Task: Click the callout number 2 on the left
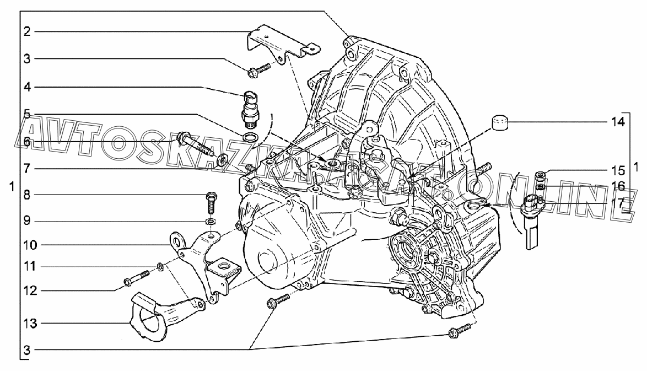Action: pyautogui.click(x=27, y=31)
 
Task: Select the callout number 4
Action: pyautogui.click(x=27, y=87)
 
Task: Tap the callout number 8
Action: pyautogui.click(x=27, y=195)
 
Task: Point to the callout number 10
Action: pyautogui.click(x=30, y=245)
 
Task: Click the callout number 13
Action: pyautogui.click(x=30, y=324)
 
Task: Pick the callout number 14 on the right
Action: pyautogui.click(x=618, y=122)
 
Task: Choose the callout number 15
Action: pyautogui.click(x=618, y=170)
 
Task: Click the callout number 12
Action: pyautogui.click(x=30, y=291)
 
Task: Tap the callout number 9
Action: pyautogui.click(x=27, y=221)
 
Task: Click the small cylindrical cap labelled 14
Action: pyautogui.click(x=500, y=123)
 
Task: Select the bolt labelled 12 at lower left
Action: pyautogui.click(x=136, y=278)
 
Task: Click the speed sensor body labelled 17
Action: pyautogui.click(x=531, y=221)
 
